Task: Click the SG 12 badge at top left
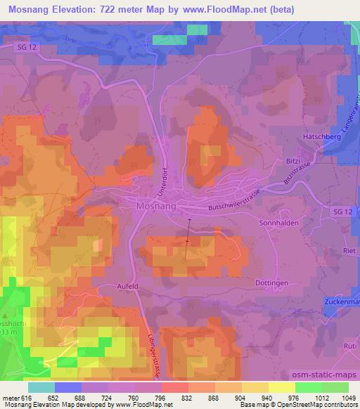(24, 46)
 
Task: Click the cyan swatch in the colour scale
(41, 387)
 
